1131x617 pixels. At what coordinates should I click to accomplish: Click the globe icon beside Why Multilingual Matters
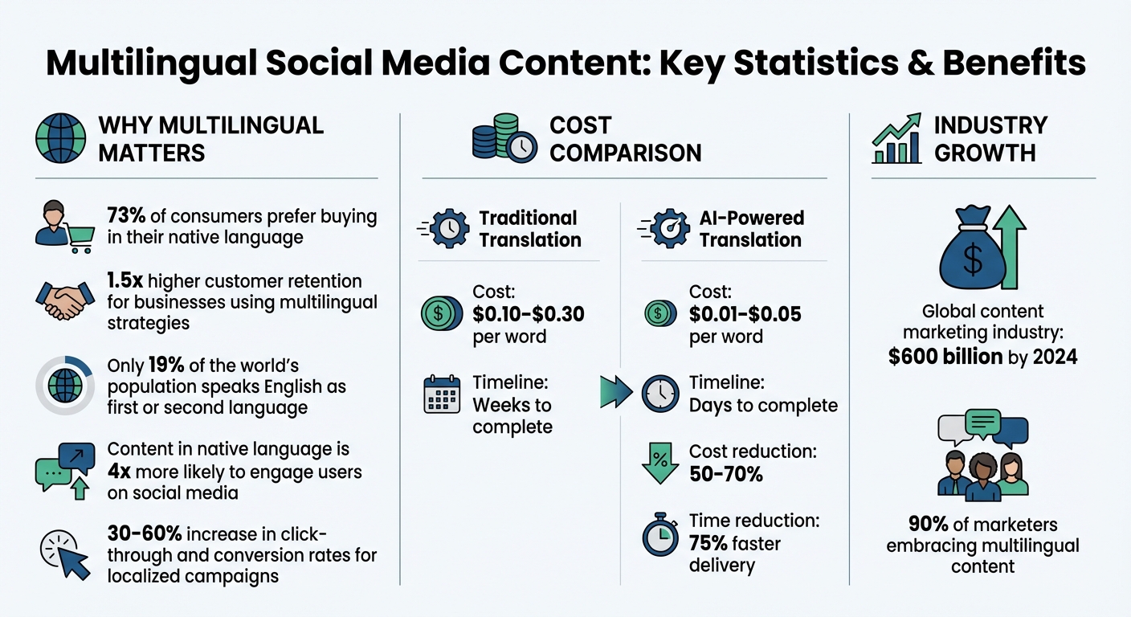pyautogui.click(x=61, y=139)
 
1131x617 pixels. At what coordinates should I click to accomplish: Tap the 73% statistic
pyautogui.click(x=125, y=215)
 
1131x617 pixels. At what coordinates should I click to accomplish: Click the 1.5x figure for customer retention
pyautogui.click(x=125, y=281)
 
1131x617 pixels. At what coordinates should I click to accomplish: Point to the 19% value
pyautogui.click(x=166, y=366)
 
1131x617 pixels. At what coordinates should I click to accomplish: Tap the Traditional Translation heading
pyautogui.click(x=529, y=229)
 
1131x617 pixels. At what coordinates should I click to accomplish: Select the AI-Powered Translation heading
pyautogui.click(x=750, y=229)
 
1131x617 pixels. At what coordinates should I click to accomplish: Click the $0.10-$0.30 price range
pyautogui.click(x=528, y=314)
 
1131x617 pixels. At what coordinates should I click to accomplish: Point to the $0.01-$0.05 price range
pyautogui.click(x=745, y=314)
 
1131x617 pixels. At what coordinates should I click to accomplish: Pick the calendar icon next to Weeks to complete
pyautogui.click(x=442, y=394)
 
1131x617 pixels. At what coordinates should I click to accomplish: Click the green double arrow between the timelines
pyautogui.click(x=616, y=393)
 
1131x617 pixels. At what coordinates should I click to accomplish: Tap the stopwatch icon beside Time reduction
pyautogui.click(x=660, y=535)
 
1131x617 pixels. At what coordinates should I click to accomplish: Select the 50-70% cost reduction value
pyautogui.click(x=725, y=474)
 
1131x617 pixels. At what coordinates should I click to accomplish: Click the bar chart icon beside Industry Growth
pyautogui.click(x=896, y=139)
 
